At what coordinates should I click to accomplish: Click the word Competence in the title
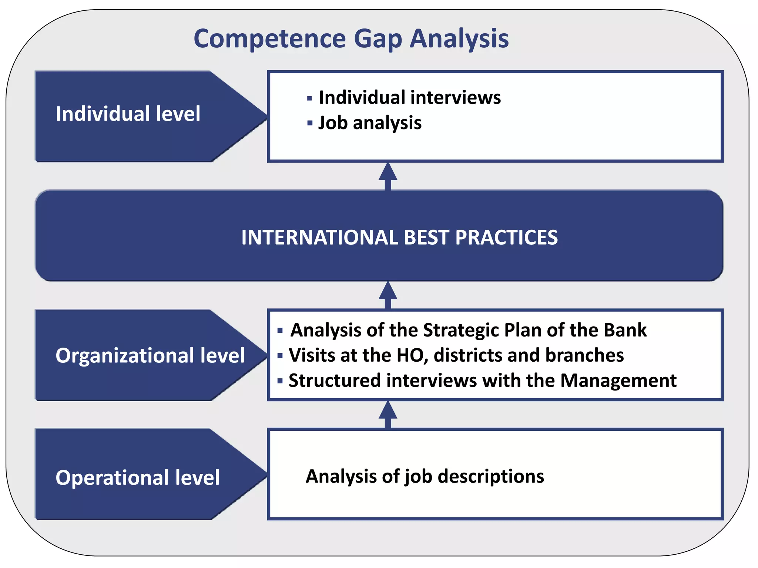(269, 39)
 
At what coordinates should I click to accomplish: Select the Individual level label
(128, 114)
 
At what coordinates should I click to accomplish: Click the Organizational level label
(150, 355)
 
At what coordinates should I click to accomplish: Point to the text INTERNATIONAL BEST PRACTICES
(399, 237)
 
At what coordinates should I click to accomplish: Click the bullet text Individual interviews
(410, 98)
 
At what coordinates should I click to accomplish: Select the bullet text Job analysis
(370, 123)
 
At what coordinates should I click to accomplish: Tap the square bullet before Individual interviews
(309, 98)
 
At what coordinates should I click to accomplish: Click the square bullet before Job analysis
(309, 123)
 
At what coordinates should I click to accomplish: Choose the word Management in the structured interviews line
(618, 380)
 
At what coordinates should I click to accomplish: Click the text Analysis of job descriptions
(425, 476)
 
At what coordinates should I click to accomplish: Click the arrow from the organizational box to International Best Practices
(388, 295)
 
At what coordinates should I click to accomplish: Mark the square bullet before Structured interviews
(280, 381)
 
